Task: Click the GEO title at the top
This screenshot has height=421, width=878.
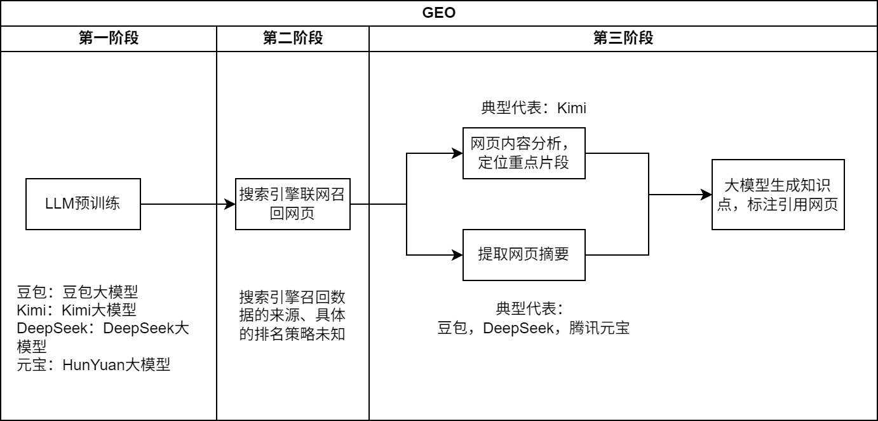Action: (x=438, y=13)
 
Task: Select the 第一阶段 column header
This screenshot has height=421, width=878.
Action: (x=109, y=38)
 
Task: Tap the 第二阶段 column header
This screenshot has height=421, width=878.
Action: (x=292, y=38)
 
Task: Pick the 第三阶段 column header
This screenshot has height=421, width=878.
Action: (x=623, y=38)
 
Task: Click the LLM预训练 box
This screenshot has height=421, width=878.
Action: (x=83, y=204)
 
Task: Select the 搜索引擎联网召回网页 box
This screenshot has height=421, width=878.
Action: (x=292, y=204)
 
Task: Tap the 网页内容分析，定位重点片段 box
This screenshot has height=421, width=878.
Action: (x=523, y=153)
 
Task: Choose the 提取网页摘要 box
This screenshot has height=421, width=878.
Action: (x=523, y=255)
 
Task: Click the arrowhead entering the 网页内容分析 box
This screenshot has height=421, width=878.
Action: (x=457, y=153)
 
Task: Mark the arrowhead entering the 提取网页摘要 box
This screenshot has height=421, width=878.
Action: (x=457, y=255)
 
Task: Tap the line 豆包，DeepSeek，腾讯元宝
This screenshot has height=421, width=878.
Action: (x=534, y=329)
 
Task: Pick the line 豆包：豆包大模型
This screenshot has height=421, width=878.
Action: (x=78, y=292)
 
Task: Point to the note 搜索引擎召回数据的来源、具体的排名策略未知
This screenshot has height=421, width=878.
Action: (x=292, y=315)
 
